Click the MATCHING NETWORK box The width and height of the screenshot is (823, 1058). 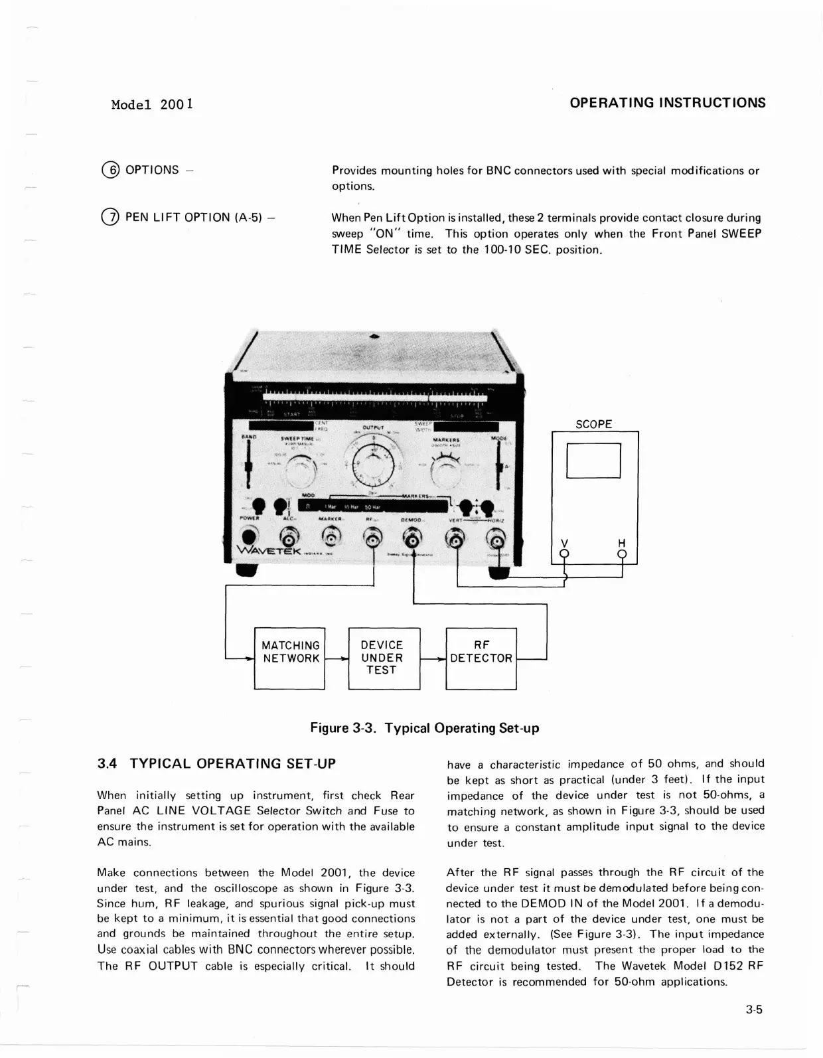pyautogui.click(x=290, y=658)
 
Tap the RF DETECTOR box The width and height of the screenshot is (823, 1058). pyautogui.click(x=481, y=658)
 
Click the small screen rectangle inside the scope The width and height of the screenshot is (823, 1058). pyautogui.click(x=593, y=460)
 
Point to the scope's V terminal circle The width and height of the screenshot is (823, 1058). pyautogui.click(x=565, y=553)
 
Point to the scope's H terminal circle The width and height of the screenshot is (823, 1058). pyautogui.click(x=622, y=553)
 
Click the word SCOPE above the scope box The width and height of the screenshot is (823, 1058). pyautogui.click(x=593, y=424)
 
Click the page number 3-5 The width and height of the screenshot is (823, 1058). pyautogui.click(x=753, y=1011)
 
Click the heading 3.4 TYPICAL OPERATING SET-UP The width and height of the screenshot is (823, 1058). pyautogui.click(x=216, y=763)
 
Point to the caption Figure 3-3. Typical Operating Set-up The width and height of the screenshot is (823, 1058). pyautogui.click(x=425, y=728)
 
